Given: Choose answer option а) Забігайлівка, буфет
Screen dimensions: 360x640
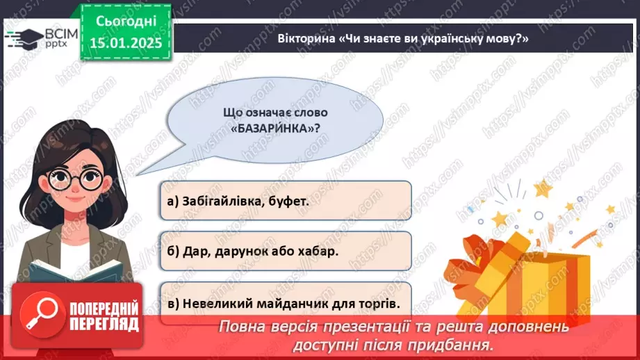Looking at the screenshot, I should (285, 202).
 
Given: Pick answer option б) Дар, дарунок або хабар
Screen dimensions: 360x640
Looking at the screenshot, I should (285, 252).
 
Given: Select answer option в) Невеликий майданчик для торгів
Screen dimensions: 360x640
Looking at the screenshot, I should (285, 303).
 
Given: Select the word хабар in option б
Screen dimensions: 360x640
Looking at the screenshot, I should (320, 252).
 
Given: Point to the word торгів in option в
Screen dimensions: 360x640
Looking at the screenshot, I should (381, 303).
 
